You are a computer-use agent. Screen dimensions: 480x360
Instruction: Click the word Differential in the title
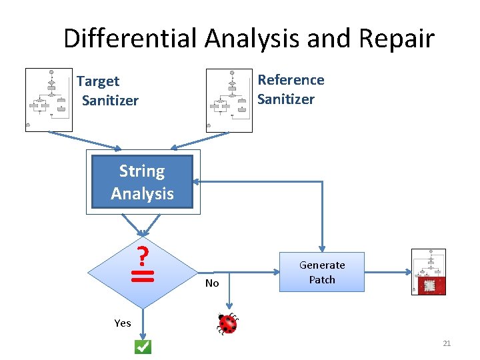130,38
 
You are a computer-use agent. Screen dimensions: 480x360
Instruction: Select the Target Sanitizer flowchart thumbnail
49,100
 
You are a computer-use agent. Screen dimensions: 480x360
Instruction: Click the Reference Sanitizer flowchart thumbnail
229,101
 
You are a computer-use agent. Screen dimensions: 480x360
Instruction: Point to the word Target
98,82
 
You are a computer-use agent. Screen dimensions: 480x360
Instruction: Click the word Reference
291,80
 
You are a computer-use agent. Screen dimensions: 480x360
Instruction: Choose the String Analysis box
143,182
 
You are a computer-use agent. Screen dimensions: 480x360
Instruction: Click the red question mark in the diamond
143,255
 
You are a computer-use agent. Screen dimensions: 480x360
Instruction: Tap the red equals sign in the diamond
143,276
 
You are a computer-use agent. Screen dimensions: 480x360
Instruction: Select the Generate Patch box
322,272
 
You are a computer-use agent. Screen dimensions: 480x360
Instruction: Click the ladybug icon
227,323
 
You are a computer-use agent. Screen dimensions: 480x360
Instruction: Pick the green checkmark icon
143,347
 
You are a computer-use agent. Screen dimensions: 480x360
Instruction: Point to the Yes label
123,323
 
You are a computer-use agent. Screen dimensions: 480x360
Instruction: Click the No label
212,283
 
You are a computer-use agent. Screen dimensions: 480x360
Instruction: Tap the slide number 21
447,343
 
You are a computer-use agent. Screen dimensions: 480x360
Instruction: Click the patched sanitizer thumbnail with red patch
429,272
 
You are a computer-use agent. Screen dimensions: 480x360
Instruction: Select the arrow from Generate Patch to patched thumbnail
388,272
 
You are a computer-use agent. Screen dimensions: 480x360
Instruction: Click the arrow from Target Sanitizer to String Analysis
85,141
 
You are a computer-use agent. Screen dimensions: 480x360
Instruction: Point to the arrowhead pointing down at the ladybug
229,306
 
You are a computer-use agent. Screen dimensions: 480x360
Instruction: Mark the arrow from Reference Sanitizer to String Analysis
200,141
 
